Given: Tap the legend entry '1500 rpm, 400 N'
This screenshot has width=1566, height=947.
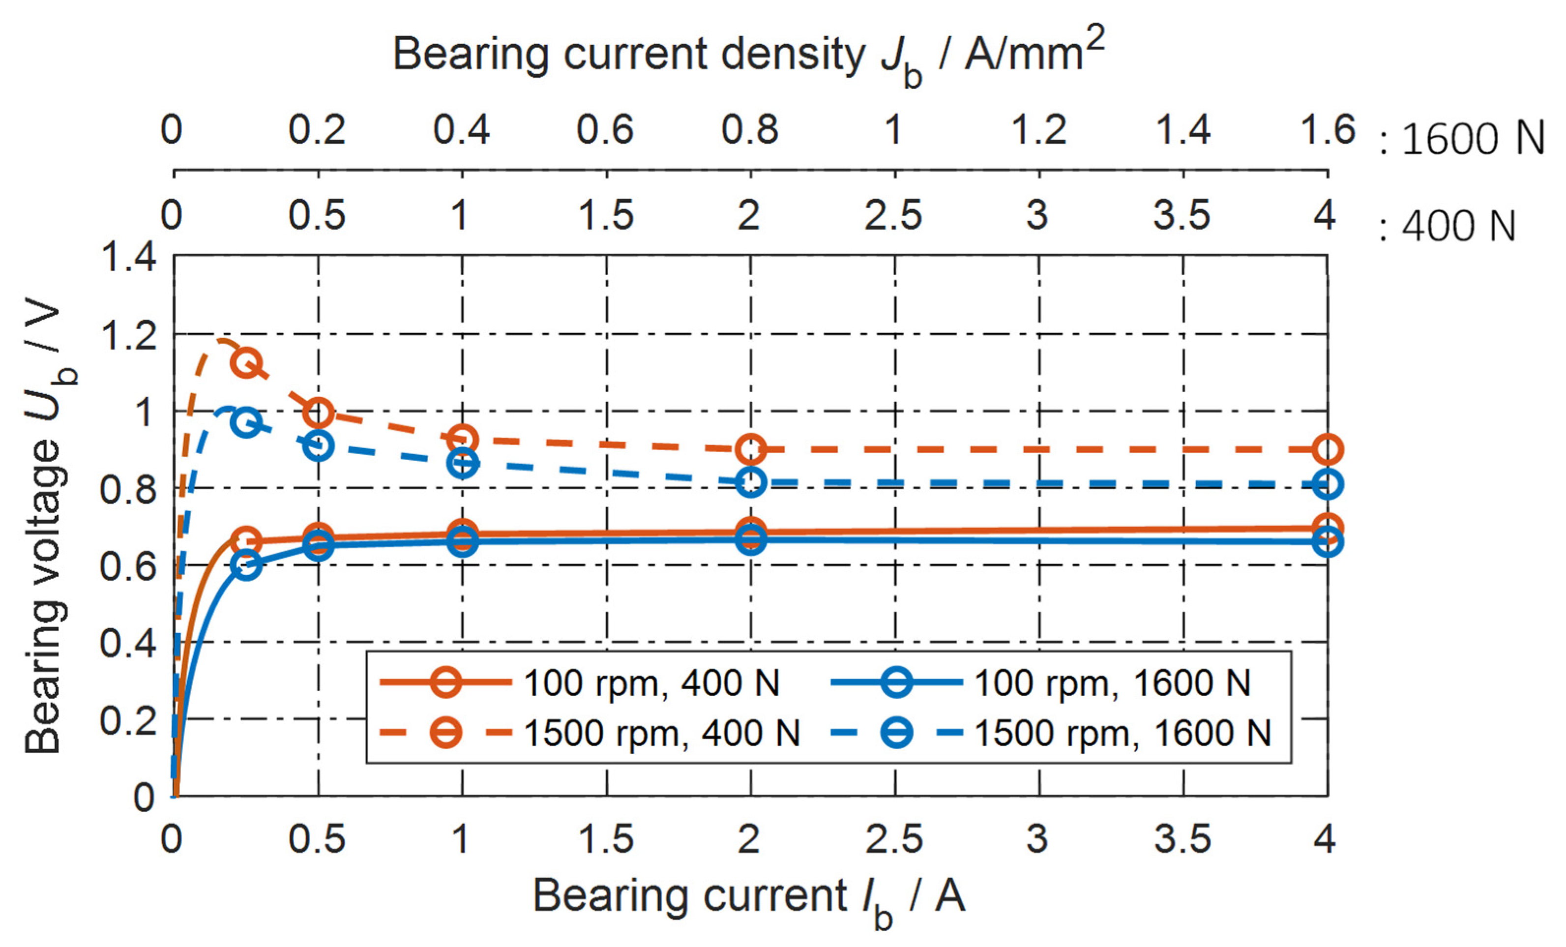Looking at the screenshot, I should point(661,734).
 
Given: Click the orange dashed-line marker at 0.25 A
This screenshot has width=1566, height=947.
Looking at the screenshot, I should point(247,363).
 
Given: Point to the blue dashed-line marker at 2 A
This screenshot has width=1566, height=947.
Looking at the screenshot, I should point(751,483).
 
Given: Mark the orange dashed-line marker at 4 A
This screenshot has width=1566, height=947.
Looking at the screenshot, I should point(1327,449).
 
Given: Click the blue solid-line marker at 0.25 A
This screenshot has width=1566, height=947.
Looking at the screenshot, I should point(247,564).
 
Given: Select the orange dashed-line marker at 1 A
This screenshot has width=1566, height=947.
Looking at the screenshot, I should point(463,440).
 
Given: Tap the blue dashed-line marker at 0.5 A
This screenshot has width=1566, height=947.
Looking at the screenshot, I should point(319,445).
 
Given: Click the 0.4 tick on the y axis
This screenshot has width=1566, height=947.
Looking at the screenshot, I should point(128,643).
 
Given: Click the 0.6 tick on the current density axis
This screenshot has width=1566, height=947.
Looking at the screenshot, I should point(605,130).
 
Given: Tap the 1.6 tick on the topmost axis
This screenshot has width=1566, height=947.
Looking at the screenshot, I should point(1327,130).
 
